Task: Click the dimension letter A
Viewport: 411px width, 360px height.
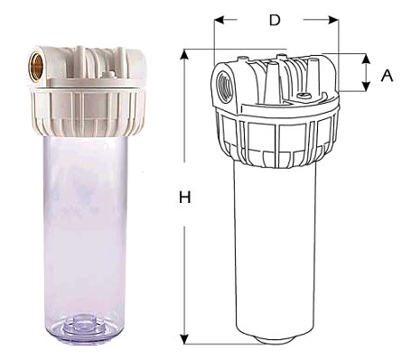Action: point(387,76)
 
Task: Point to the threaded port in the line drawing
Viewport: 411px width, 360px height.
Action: point(222,88)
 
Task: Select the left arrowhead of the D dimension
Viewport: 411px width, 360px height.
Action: point(219,19)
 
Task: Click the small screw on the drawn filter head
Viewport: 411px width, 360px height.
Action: point(304,96)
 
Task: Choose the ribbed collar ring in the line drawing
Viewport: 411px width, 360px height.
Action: point(276,135)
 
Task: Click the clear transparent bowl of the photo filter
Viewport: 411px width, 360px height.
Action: point(82,226)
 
